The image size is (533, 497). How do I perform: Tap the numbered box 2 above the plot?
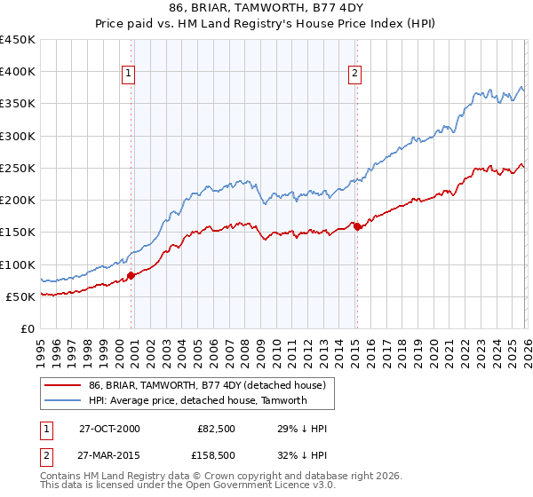(355, 74)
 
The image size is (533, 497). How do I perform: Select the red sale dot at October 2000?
(131, 275)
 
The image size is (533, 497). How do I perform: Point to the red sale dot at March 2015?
(357, 227)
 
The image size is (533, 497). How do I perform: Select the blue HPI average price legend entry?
(197, 400)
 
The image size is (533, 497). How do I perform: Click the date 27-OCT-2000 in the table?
(109, 429)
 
